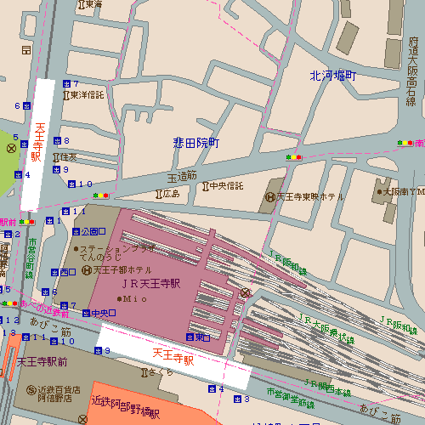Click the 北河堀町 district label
click(x=332, y=76)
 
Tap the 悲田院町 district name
click(x=196, y=143)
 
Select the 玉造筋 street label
click(x=181, y=177)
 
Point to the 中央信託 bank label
click(x=225, y=186)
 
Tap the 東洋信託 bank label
click(x=87, y=94)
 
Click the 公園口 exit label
click(x=93, y=231)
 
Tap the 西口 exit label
click(x=69, y=272)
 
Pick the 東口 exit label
click(x=202, y=337)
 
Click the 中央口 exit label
click(x=103, y=313)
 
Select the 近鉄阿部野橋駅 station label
click(x=125, y=403)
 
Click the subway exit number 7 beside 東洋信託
click(x=75, y=82)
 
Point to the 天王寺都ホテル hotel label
click(x=123, y=270)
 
